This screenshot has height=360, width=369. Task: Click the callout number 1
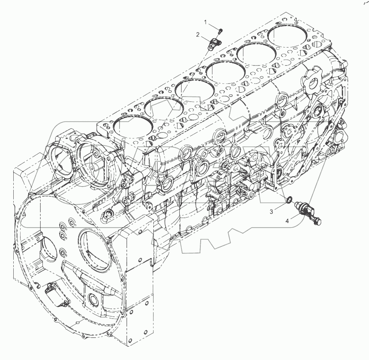pyautogui.click(x=206, y=22)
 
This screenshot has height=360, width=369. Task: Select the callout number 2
pyautogui.click(x=198, y=35)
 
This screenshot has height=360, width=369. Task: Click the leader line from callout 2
pyautogui.click(x=207, y=39)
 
